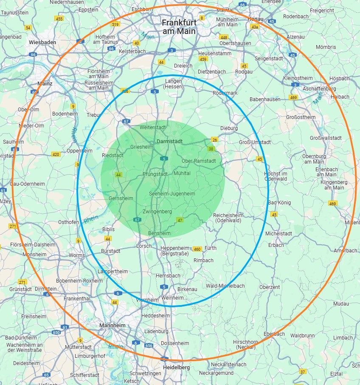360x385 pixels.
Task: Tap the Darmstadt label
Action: pyautogui.click(x=169, y=141)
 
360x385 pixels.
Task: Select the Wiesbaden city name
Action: pyautogui.click(x=42, y=42)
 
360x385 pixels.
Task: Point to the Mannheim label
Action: pyautogui.click(x=112, y=326)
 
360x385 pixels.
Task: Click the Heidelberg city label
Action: pyautogui.click(x=177, y=367)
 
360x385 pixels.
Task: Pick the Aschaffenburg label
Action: pyautogui.click(x=319, y=89)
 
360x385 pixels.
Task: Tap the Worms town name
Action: pyautogui.click(x=77, y=255)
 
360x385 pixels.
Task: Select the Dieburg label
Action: pyautogui.click(x=229, y=128)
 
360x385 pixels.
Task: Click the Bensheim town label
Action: pyautogui.click(x=159, y=233)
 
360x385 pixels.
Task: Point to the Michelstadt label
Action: pyautogui.click(x=278, y=234)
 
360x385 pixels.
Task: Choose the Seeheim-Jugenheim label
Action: pyautogui.click(x=172, y=194)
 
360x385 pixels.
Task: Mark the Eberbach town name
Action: pyautogui.click(x=274, y=334)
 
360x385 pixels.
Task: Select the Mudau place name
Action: pyautogui.click(x=341, y=304)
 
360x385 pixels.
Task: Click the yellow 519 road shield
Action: pyautogui.click(x=115, y=24)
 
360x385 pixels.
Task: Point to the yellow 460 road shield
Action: pyautogui.click(x=197, y=249)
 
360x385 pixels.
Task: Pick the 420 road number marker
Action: pyautogui.click(x=56, y=154)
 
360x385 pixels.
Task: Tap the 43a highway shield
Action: pyautogui.click(x=254, y=27)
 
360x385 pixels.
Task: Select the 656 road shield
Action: pyautogui.click(x=149, y=346)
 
